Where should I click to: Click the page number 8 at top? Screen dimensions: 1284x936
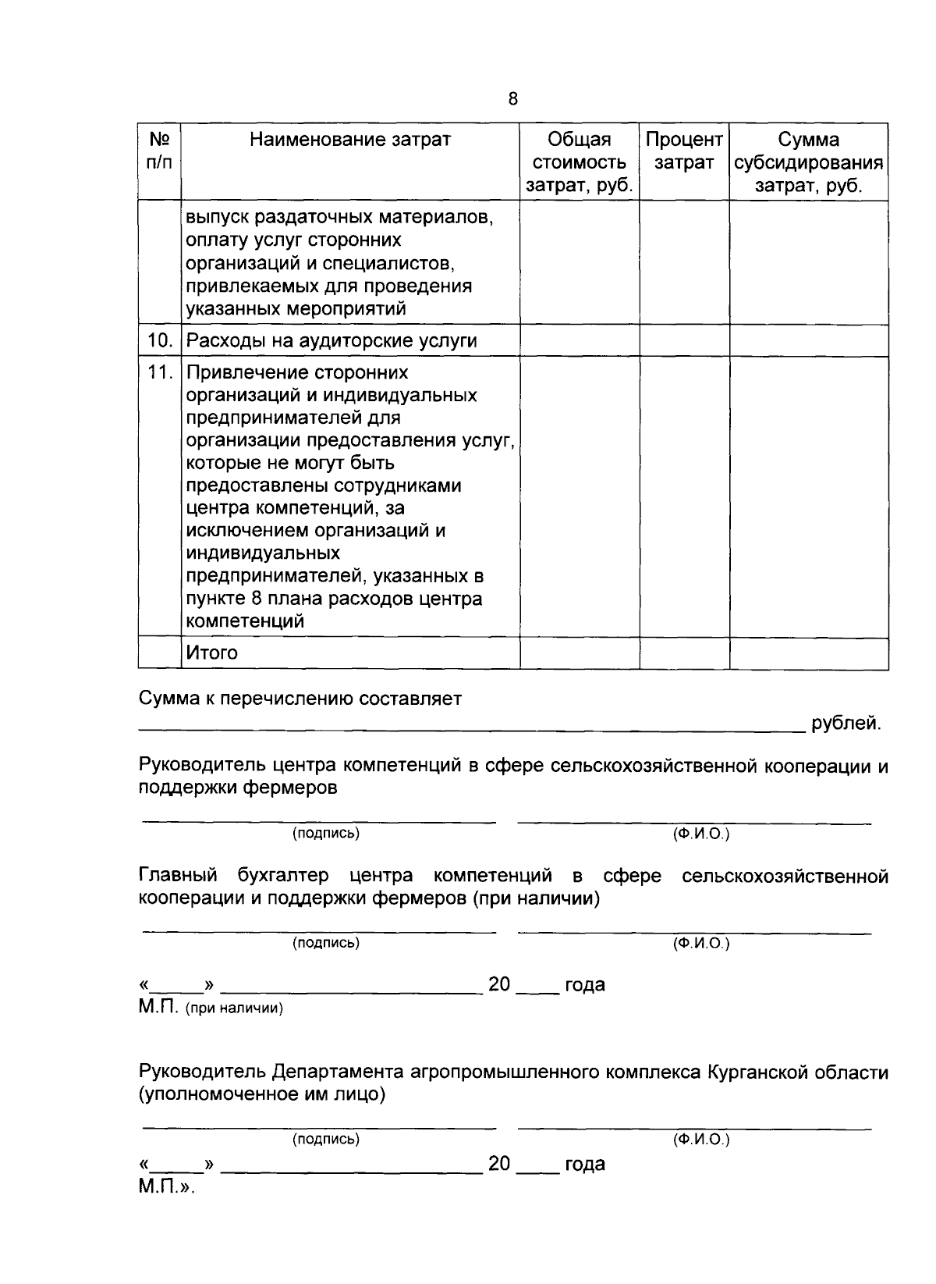[512, 99]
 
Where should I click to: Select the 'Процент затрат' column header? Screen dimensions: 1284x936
[684, 151]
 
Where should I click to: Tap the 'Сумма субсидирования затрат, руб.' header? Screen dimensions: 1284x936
[809, 162]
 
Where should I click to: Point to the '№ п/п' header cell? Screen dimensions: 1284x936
[160, 151]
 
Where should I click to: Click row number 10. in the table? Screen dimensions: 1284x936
[160, 341]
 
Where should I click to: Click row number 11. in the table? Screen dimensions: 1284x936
[160, 372]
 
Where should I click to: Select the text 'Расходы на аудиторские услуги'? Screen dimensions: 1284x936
[331, 341]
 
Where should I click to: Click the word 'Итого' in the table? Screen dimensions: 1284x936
[211, 653]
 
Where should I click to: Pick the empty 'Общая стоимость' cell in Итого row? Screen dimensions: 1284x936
[580, 653]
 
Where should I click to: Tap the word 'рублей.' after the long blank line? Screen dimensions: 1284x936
[846, 724]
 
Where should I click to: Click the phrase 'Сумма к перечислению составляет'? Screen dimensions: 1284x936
[300, 699]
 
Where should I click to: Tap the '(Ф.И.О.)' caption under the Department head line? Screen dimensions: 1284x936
[700, 1140]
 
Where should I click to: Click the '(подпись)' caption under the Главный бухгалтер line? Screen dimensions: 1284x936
[325, 943]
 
